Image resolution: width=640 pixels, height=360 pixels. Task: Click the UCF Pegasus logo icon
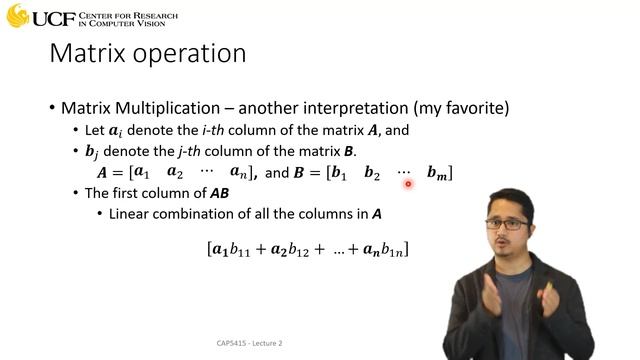(x=17, y=16)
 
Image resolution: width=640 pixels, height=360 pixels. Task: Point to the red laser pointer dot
(x=408, y=183)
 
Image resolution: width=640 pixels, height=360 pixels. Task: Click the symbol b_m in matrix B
(x=437, y=173)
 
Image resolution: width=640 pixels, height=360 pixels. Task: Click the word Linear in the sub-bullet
(x=131, y=214)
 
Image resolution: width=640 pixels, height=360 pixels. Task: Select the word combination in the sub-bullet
(x=205, y=214)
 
